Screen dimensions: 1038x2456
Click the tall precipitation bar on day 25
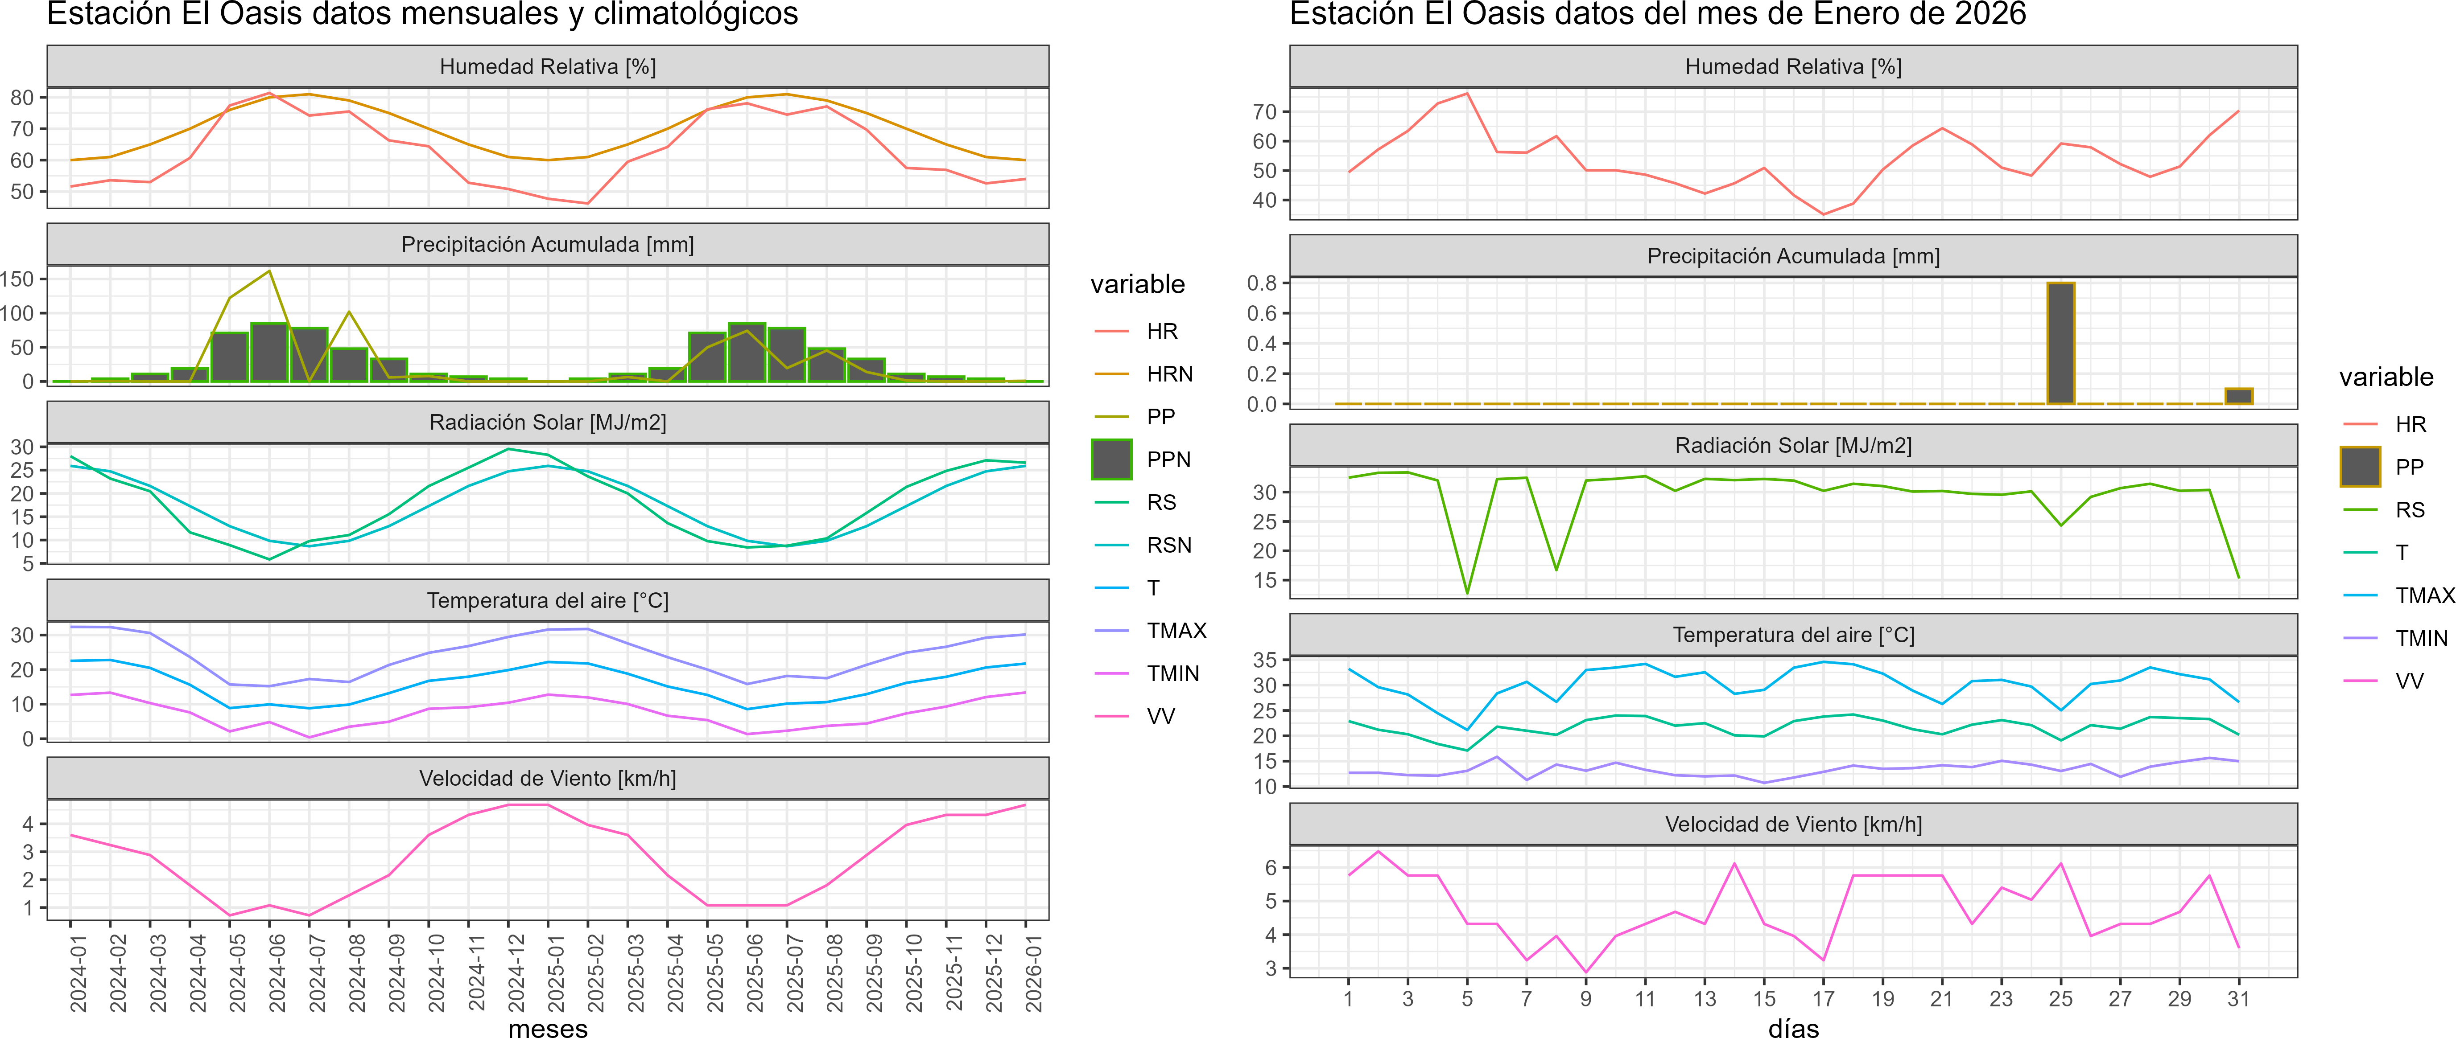click(2060, 343)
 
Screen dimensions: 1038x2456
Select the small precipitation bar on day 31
click(2239, 397)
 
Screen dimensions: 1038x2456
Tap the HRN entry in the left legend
click(1169, 373)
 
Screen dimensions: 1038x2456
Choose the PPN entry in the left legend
click(1168, 460)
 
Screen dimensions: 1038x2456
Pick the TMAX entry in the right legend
click(2423, 596)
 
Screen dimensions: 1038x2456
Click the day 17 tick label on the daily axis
click(1823, 999)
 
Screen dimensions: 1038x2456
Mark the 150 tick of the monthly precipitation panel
click(17, 279)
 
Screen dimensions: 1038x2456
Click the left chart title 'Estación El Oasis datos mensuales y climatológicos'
click(422, 14)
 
